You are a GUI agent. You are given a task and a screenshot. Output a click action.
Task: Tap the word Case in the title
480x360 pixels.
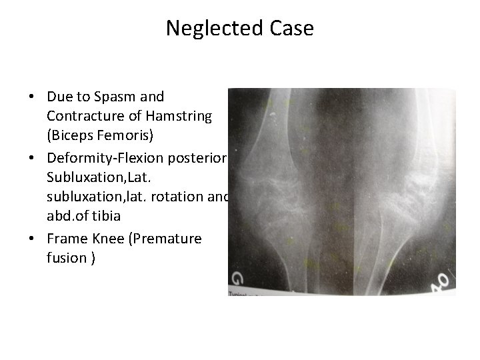(289, 29)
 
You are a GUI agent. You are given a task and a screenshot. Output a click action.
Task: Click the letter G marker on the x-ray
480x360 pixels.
(237, 278)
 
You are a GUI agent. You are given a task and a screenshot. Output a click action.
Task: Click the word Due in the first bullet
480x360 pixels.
(58, 97)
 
